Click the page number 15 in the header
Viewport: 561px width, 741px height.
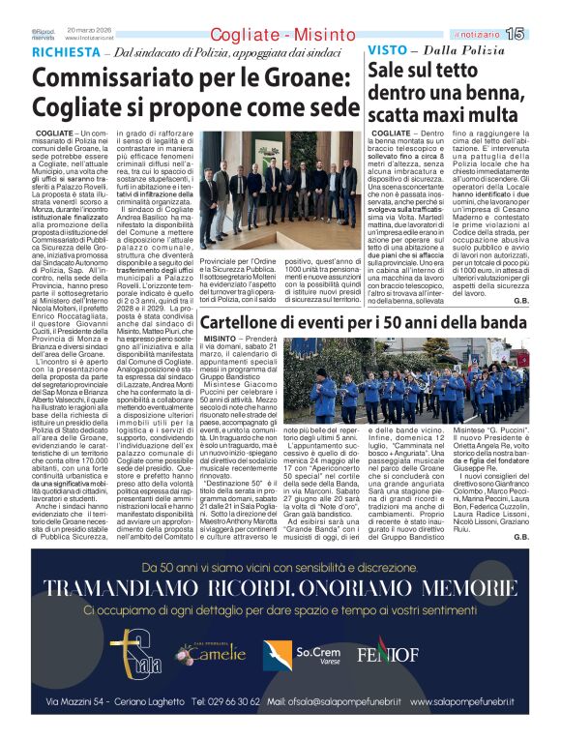[x=542, y=35]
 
